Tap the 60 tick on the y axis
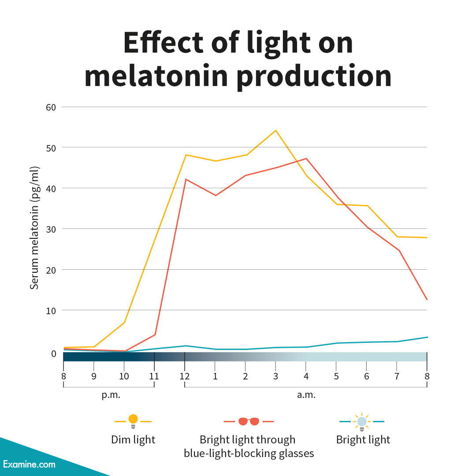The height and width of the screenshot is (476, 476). (51, 107)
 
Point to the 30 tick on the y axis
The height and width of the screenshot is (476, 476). (51, 229)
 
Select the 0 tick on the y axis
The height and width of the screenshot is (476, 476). (53, 353)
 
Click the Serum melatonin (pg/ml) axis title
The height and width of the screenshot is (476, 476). (34, 228)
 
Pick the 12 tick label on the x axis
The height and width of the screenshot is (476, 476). (184, 376)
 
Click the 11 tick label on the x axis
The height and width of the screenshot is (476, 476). (154, 376)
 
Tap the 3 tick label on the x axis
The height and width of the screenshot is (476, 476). (275, 376)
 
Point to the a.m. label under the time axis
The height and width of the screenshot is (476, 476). (306, 395)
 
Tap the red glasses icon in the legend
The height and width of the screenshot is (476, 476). (249, 421)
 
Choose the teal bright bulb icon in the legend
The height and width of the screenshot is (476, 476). (362, 422)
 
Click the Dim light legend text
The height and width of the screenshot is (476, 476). (133, 440)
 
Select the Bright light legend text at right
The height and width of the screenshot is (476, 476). (363, 440)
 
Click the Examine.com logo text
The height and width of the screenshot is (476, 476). (29, 464)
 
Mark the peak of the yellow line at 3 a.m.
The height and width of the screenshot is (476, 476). (275, 130)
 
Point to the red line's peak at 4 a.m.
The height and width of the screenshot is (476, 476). (306, 158)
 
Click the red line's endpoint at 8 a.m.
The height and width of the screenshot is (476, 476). (427, 300)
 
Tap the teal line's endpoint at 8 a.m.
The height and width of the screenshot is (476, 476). (427, 337)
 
